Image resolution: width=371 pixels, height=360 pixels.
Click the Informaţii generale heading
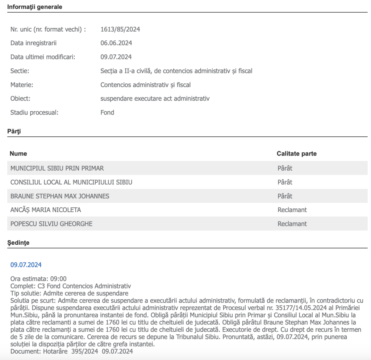click(35, 7)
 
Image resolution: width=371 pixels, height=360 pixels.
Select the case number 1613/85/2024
click(120, 29)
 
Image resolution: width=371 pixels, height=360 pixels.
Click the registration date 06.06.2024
click(116, 43)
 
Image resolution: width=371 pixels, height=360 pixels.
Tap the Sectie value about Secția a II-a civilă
click(176, 71)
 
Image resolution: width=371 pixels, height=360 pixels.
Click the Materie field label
click(22, 84)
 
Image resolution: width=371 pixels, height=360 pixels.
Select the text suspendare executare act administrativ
click(155, 98)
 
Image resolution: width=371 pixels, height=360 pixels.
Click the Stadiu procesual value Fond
click(107, 112)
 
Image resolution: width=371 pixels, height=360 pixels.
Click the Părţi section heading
click(14, 131)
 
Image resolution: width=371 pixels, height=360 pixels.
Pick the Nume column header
click(18, 154)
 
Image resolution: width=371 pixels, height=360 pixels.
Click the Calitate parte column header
click(296, 154)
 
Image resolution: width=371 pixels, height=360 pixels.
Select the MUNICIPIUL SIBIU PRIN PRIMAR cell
click(57, 168)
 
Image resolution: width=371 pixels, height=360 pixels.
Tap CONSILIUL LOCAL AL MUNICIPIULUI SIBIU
click(71, 182)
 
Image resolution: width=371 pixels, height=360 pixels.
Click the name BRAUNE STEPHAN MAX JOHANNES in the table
click(60, 196)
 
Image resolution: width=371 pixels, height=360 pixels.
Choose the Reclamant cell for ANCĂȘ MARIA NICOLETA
click(292, 210)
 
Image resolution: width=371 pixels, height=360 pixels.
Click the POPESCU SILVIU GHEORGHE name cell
click(51, 224)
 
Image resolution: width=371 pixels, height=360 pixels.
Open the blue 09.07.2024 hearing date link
click(26, 265)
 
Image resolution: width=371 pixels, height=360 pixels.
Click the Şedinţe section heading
click(18, 243)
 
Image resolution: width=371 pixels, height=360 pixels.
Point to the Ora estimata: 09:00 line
click(38, 279)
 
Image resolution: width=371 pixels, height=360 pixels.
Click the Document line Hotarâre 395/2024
click(72, 351)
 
